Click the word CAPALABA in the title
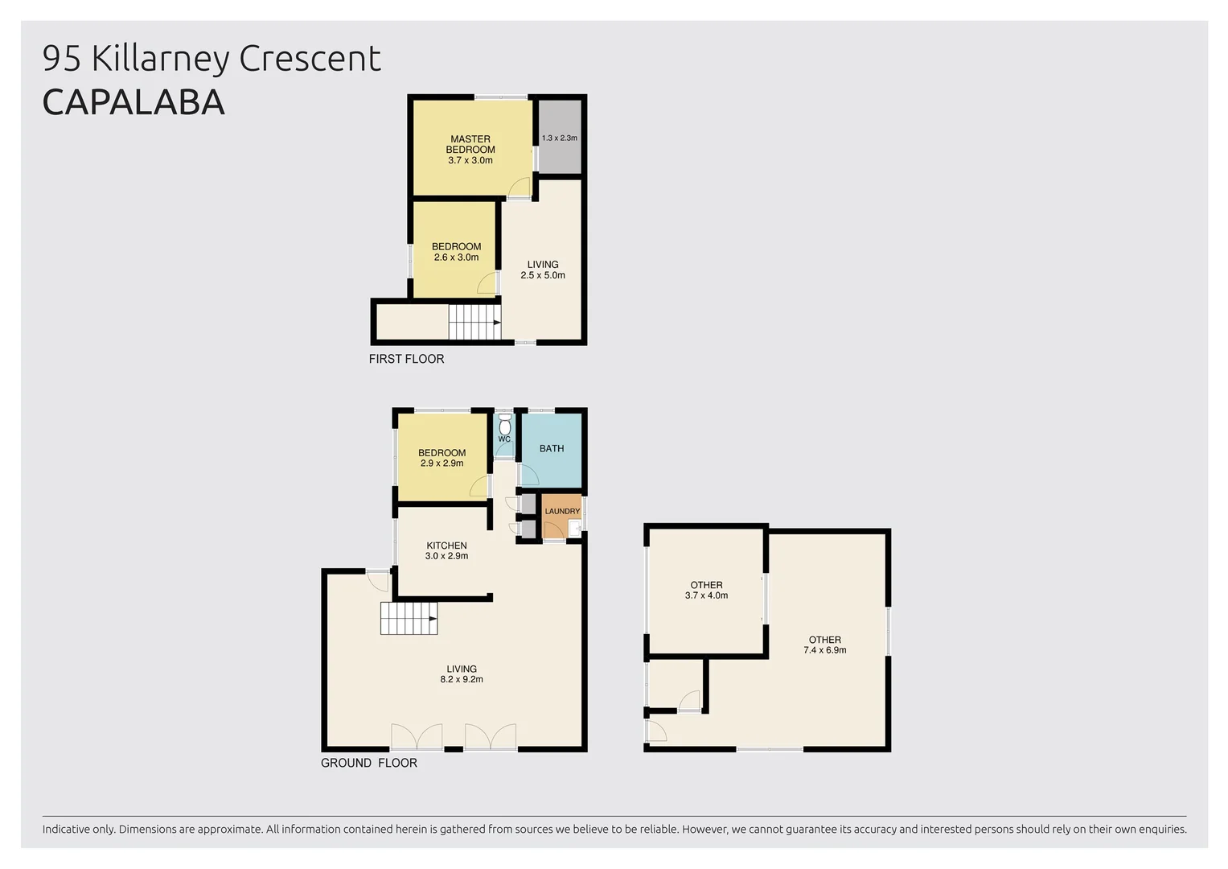[133, 102]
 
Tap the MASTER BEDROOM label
[470, 144]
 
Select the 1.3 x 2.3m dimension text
[559, 138]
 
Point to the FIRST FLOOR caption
[406, 359]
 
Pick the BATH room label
[552, 448]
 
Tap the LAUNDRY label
[562, 511]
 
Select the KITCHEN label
[446, 546]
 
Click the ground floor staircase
[409, 619]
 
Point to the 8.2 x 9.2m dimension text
[462, 679]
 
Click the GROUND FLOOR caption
[368, 763]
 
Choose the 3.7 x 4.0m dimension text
[706, 595]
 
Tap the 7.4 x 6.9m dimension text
[824, 650]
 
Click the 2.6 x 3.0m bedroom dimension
[456, 257]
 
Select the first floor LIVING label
[543, 264]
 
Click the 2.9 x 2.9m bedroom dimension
[442, 463]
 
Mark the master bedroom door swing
[519, 189]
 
